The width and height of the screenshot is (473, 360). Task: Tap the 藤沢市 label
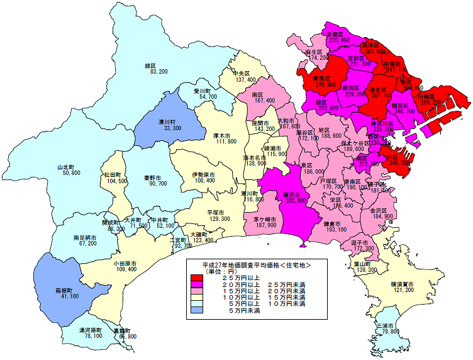294,194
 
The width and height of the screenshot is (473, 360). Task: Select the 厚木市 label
225,135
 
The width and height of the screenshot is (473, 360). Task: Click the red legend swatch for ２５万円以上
196,278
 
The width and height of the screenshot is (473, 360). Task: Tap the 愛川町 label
204,91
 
